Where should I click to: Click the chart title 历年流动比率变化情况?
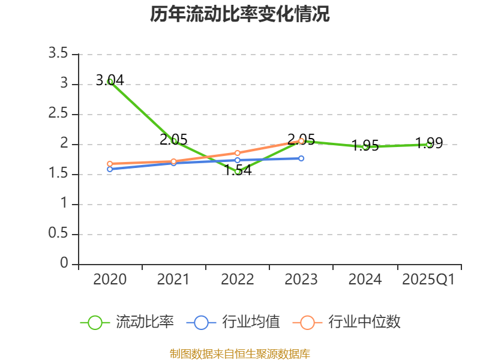240,14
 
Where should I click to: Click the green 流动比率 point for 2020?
110,82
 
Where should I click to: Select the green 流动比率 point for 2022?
238,172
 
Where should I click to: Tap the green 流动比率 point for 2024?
365,146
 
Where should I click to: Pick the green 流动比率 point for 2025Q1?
429,144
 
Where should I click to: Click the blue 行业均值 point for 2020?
110,169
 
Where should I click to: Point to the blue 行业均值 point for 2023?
301,158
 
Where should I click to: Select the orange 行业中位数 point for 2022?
238,153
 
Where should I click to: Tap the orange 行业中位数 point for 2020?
110,164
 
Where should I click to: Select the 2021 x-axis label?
173,280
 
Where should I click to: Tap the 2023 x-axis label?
301,280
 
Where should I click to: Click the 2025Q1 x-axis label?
428,280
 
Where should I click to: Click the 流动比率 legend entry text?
145,322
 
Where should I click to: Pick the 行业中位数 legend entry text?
364,322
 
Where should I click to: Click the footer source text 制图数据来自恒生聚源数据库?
240,353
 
